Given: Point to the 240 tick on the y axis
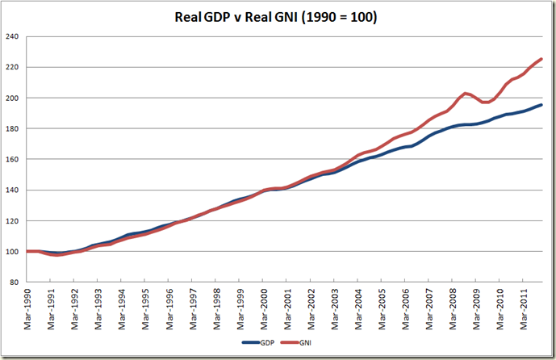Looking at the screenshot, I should [13, 37].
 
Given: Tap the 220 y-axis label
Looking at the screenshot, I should [13, 68].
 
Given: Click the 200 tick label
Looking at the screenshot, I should [13, 98].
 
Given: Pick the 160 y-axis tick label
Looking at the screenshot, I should [13, 160].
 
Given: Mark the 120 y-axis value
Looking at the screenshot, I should [13, 221].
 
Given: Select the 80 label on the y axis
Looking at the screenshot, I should [15, 283].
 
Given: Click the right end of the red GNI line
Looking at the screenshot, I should [541, 59].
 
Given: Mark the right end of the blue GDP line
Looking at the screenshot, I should [541, 105].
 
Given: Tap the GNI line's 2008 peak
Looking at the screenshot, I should [466, 93].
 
